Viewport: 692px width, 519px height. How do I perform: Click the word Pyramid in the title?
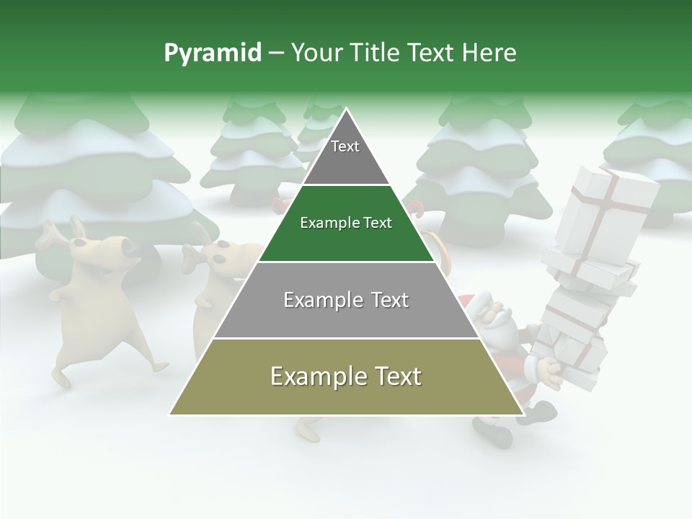coord(212,53)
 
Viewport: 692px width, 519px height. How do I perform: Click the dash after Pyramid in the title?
coord(276,53)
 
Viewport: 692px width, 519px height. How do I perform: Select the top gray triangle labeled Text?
coord(345,155)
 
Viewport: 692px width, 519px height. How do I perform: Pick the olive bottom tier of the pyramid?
coord(346,389)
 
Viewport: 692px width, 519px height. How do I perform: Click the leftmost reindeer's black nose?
coord(130,249)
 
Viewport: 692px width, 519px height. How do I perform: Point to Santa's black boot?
coord(494,432)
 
